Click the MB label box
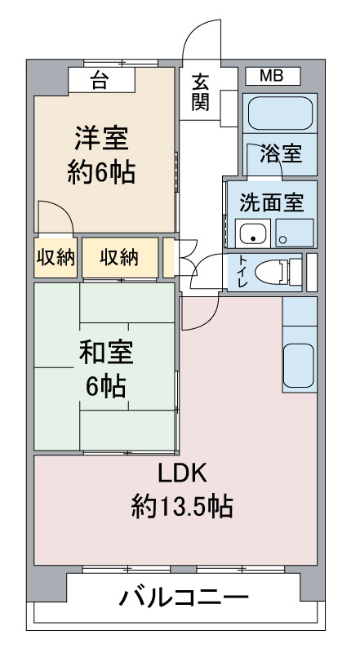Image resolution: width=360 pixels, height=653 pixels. pos(273,76)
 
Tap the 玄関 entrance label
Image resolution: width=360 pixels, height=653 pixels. pos(200,92)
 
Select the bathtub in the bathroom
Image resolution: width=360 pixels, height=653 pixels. pos(280,113)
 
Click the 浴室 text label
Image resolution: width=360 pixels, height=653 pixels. pos(281,154)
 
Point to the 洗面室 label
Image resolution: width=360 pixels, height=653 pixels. pos(271,202)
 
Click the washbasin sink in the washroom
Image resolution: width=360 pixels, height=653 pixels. pos(252,234)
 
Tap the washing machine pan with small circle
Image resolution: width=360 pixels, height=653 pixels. pos(295,233)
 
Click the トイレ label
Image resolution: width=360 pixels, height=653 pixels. pos(242,272)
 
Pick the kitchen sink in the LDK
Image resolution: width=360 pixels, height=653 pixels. pos(299,365)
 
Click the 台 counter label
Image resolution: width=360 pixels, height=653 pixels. pos(99,80)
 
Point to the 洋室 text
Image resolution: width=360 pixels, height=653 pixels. pos(102,139)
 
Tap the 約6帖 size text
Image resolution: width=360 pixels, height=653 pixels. pos(101,172)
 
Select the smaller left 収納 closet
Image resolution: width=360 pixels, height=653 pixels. pos(56,258)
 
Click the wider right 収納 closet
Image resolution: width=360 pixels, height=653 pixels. pos(120,258)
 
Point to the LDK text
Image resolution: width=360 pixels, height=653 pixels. pos(182,473)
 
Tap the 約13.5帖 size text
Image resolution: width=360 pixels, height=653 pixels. pos(182,505)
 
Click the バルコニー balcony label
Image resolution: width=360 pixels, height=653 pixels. pos(184,597)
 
